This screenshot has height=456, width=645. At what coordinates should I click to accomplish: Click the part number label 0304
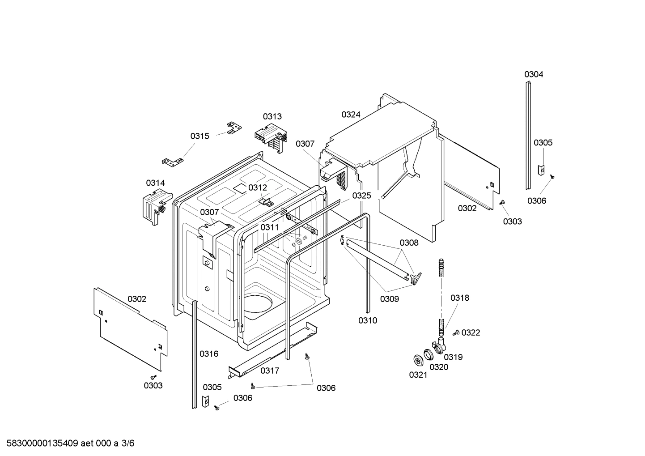(x=534, y=75)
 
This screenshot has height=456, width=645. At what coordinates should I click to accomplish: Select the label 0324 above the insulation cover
(x=351, y=115)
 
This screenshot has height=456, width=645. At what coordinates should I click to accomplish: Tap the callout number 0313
(x=272, y=116)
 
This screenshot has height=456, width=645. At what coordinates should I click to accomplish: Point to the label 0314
(x=155, y=183)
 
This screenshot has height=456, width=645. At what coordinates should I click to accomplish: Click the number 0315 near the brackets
(x=199, y=136)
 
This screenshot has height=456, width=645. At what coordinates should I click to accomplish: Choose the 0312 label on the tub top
(x=258, y=188)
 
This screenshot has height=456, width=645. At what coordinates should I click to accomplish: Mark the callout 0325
(x=361, y=196)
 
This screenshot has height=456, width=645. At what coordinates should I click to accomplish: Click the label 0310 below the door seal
(x=367, y=320)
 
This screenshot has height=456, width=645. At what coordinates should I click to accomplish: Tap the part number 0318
(x=459, y=298)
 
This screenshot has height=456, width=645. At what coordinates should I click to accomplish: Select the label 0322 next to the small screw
(x=471, y=332)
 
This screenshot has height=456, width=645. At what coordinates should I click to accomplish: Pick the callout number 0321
(x=418, y=375)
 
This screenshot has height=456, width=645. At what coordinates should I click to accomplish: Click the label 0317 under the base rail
(x=270, y=371)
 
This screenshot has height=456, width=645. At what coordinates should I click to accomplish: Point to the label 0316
(x=209, y=354)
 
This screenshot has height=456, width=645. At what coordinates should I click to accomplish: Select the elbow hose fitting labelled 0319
(x=440, y=347)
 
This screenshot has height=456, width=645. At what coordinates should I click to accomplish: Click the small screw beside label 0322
(x=457, y=332)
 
